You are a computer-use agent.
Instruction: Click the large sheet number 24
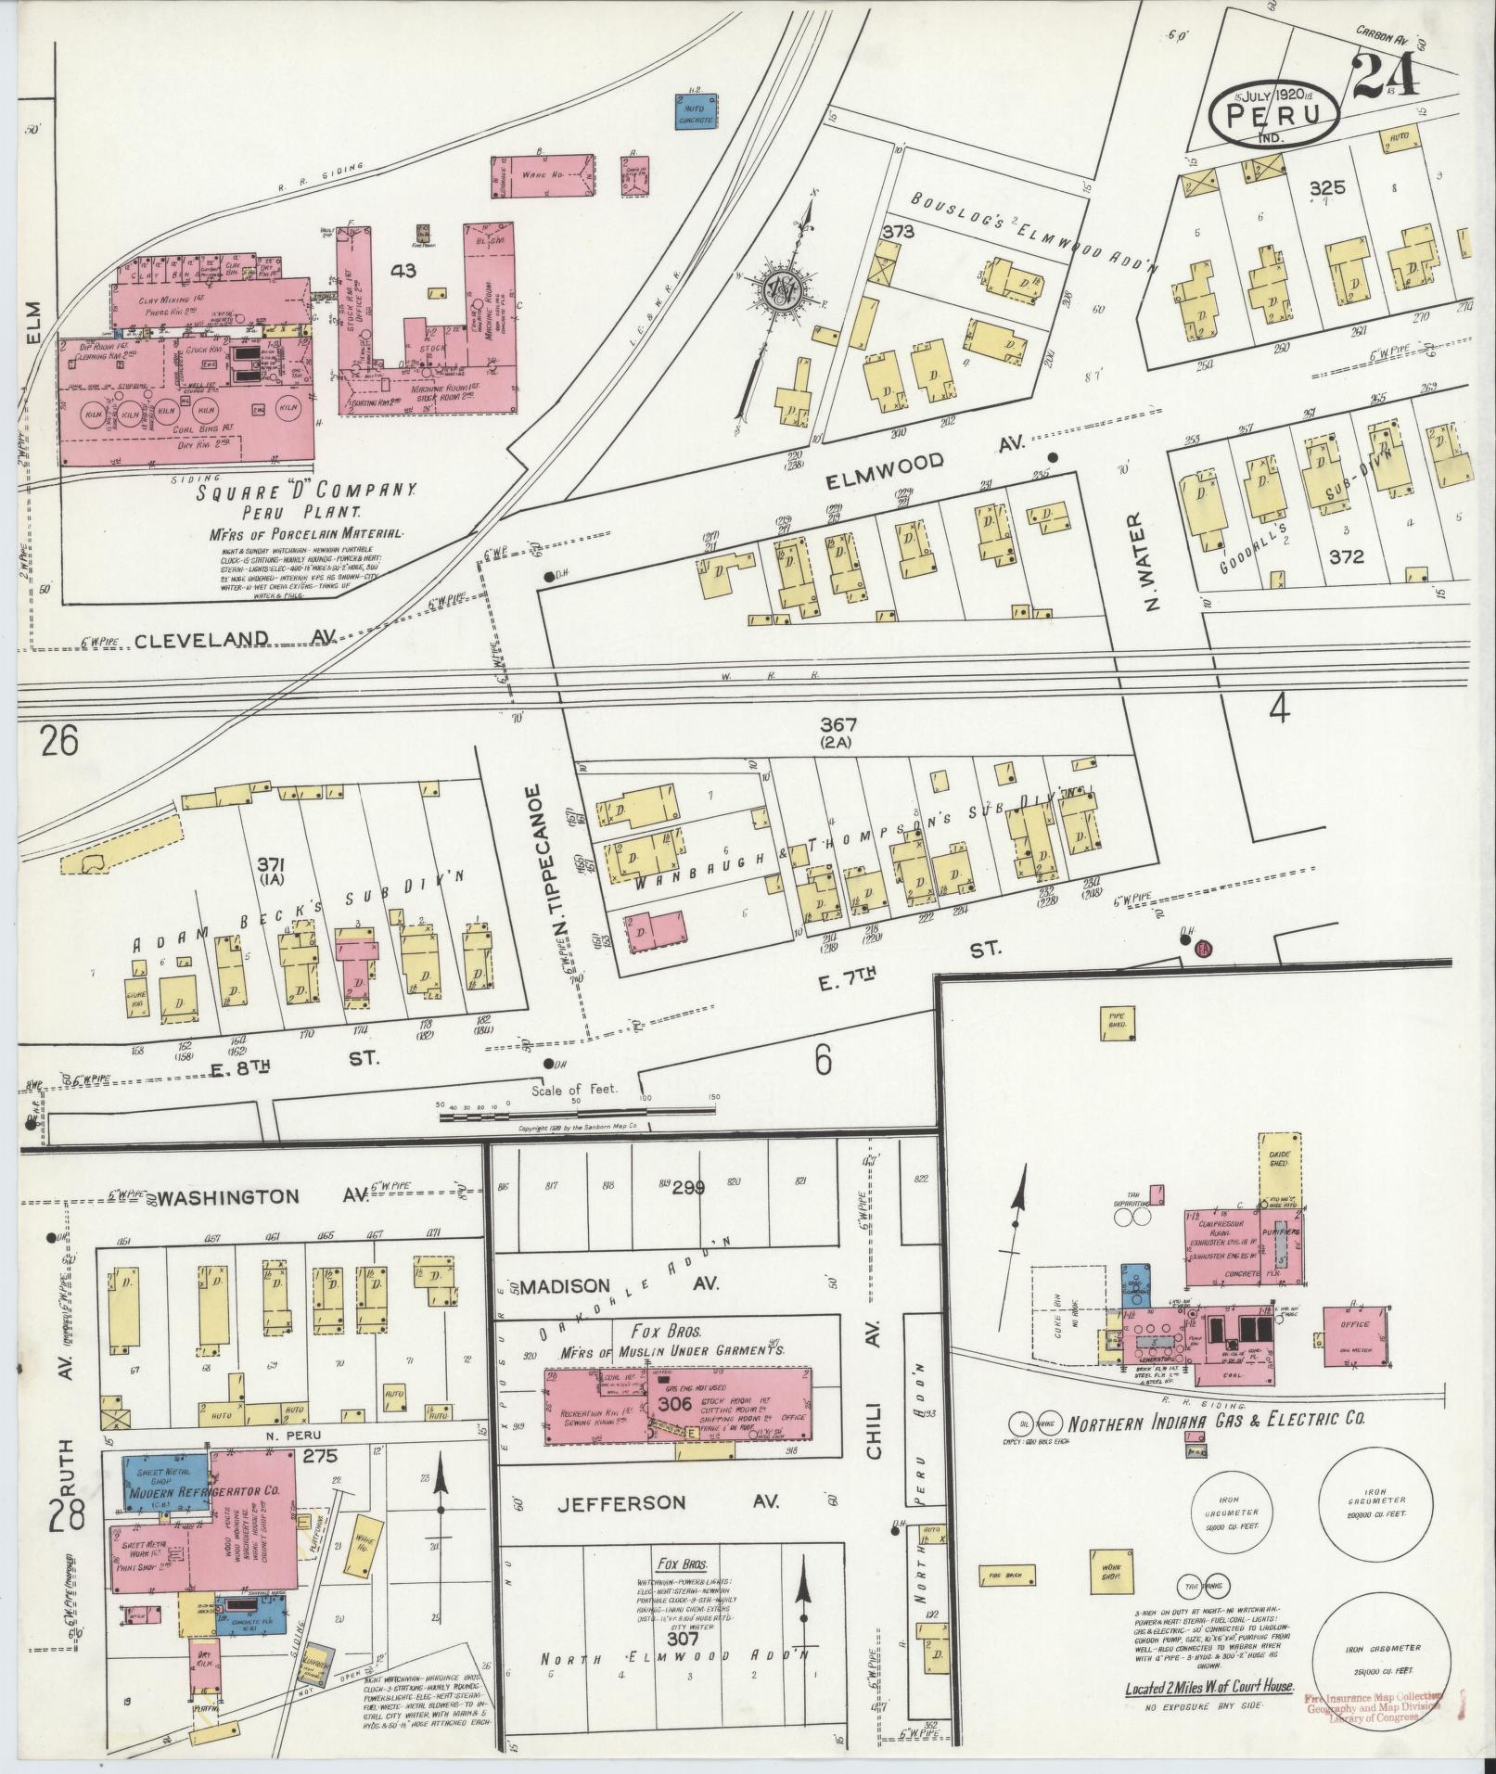(x=1386, y=75)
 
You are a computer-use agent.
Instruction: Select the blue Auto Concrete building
(x=695, y=114)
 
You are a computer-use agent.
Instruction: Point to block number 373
(x=897, y=231)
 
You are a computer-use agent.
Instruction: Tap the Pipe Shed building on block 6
(x=1117, y=1020)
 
